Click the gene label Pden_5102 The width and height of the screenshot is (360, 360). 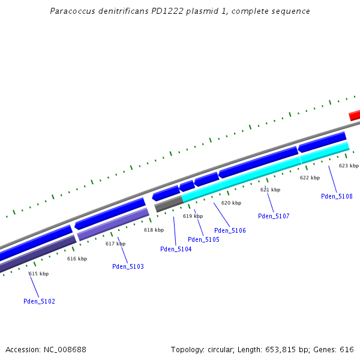tap(39, 301)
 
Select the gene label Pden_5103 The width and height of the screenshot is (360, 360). tap(128, 266)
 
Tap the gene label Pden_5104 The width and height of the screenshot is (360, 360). tap(176, 249)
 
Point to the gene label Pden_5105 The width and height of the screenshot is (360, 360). tap(203, 239)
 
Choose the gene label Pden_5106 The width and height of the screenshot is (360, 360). tap(230, 230)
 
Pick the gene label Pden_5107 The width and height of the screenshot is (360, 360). tap(274, 216)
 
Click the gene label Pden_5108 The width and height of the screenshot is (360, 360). tap(337, 196)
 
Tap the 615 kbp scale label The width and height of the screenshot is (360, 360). tap(38, 274)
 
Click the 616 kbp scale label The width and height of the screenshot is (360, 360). tap(77, 259)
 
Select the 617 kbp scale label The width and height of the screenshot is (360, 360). tap(115, 244)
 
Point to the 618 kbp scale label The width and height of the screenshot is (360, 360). tap(154, 230)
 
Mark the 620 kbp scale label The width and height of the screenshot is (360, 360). tap(231, 203)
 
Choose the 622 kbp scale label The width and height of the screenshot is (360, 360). tap(310, 178)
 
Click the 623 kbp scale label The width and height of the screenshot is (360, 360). tap(349, 166)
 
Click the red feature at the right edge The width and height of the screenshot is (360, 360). tap(355, 115)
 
